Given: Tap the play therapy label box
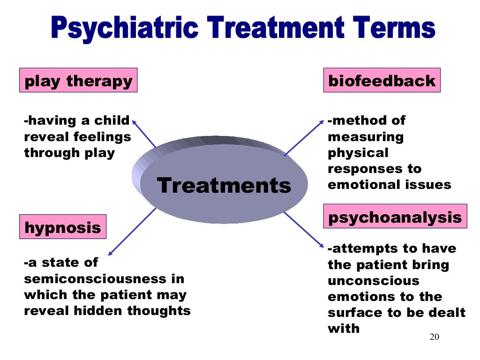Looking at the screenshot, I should pyautogui.click(x=78, y=81).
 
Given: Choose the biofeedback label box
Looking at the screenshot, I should pyautogui.click(x=382, y=81).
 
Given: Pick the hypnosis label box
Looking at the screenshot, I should pyautogui.click(x=62, y=227).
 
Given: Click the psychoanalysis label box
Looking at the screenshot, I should pyautogui.click(x=395, y=217).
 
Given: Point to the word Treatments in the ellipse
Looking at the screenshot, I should pyautogui.click(x=224, y=185).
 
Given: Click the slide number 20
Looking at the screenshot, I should pyautogui.click(x=435, y=338).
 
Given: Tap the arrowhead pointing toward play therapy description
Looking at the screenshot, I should pyautogui.click(x=134, y=121).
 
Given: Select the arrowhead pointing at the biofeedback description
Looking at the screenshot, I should pyautogui.click(x=322, y=122).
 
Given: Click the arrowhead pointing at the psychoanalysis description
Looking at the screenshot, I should pyautogui.click(x=321, y=245).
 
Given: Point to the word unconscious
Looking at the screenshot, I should pyautogui.click(x=367, y=281).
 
